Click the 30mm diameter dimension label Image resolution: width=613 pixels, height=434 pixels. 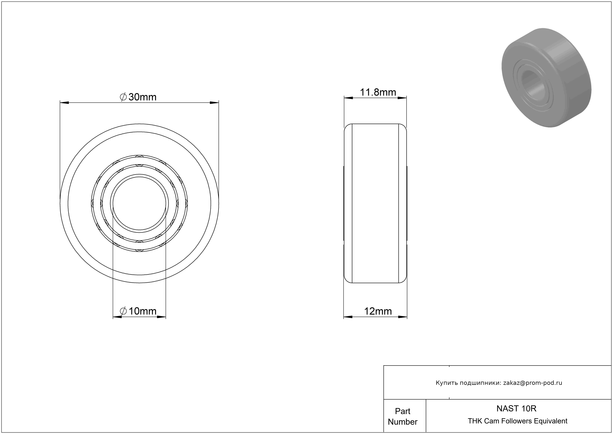tap(138, 97)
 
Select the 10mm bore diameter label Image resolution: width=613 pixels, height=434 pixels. tap(138, 311)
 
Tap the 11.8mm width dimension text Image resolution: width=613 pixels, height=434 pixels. tap(378, 92)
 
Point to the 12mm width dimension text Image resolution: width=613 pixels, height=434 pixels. tap(378, 311)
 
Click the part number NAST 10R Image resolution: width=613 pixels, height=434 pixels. tap(516, 409)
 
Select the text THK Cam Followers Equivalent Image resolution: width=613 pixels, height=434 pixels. tap(517, 421)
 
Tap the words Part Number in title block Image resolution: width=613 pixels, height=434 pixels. tap(403, 416)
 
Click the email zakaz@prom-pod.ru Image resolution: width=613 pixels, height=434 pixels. tap(533, 383)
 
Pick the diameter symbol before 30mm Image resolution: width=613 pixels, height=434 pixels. tap(123, 97)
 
